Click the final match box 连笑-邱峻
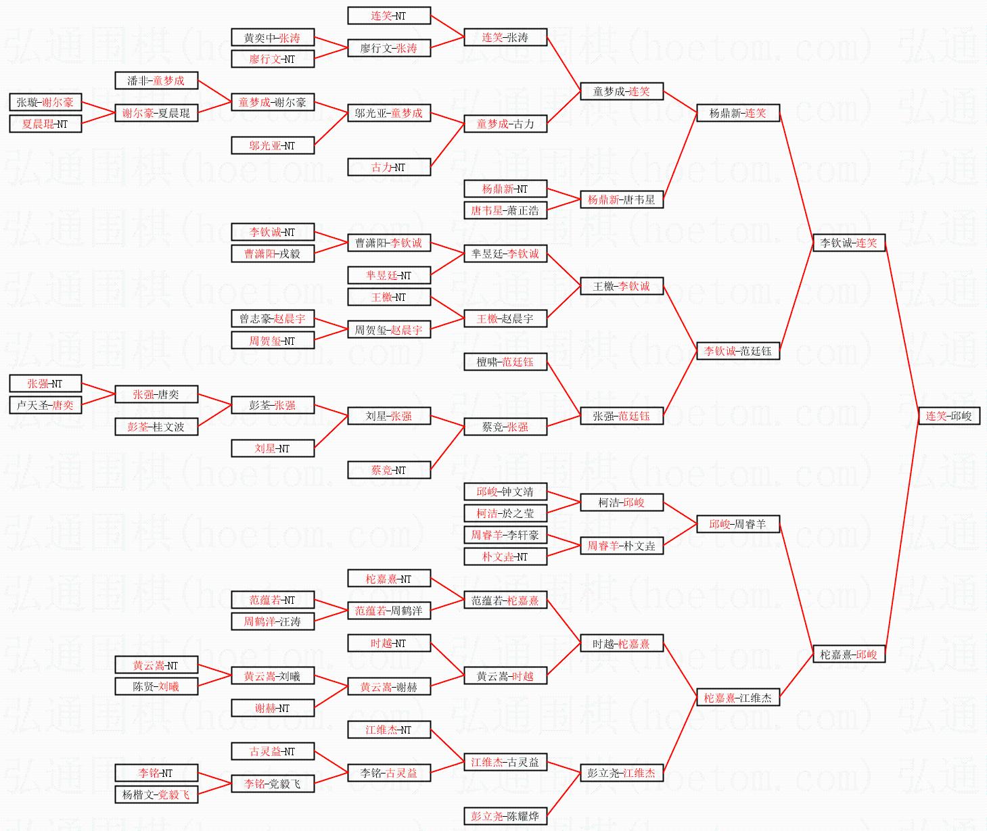point(948,416)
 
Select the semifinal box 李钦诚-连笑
point(848,243)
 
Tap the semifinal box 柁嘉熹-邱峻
point(848,654)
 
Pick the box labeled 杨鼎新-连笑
point(737,113)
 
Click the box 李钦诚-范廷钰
point(737,351)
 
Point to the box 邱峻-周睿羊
point(737,524)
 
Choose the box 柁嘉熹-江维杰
point(737,697)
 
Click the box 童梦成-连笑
point(621,91)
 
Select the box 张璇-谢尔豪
point(45,102)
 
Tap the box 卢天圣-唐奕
point(45,405)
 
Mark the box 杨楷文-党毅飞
point(156,794)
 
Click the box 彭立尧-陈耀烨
point(505,816)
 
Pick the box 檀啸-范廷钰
point(505,362)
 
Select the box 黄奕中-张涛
point(272,38)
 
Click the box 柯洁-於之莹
point(505,513)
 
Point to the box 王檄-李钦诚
point(621,286)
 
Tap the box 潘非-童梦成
point(156,80)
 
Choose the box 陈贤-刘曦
point(156,686)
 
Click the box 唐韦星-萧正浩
point(505,210)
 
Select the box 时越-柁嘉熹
point(621,643)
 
